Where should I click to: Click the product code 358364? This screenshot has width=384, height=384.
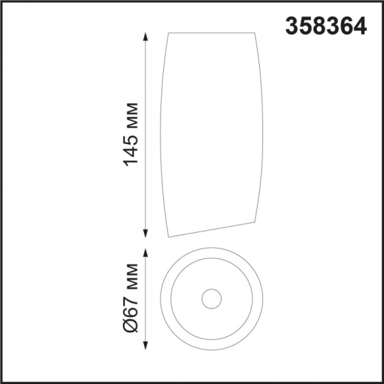click(326, 26)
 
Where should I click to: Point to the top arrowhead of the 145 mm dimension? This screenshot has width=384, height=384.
click(146, 36)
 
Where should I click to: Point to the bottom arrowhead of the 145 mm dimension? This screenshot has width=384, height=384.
click(146, 234)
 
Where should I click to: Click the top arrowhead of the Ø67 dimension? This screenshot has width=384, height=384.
click(146, 253)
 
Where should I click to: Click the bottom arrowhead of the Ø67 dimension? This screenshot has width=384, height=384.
click(146, 345)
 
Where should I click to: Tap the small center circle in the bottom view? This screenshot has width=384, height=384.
click(212, 289)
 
